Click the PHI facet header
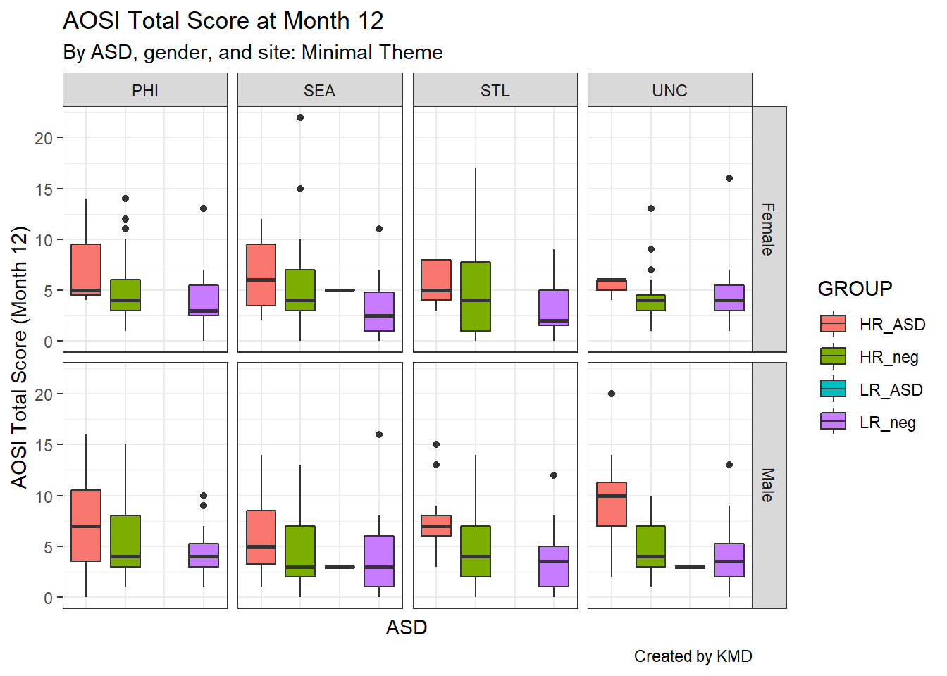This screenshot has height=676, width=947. tap(145, 91)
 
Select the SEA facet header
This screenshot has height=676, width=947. tap(319, 91)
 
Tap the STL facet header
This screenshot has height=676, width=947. tap(495, 91)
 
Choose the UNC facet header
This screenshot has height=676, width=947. tap(669, 91)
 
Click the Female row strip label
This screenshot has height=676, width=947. tap(769, 229)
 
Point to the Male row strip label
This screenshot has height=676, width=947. tap(769, 485)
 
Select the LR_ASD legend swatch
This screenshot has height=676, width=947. tap(834, 389)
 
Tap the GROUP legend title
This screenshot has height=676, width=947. tap(855, 289)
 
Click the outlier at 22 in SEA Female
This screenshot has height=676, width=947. tap(300, 118)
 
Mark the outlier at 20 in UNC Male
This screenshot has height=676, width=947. tap(612, 394)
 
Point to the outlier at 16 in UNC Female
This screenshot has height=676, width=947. tap(729, 178)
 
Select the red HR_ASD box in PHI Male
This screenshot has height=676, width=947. tap(86, 525)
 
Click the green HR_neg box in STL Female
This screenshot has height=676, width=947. tap(476, 296)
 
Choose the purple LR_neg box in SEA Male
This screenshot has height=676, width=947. tap(379, 561)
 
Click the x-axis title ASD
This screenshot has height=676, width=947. tap(407, 627)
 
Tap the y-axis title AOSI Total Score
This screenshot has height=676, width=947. tap(19, 357)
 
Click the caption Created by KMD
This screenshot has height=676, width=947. tap(693, 656)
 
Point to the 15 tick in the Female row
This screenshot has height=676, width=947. tap(44, 189)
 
